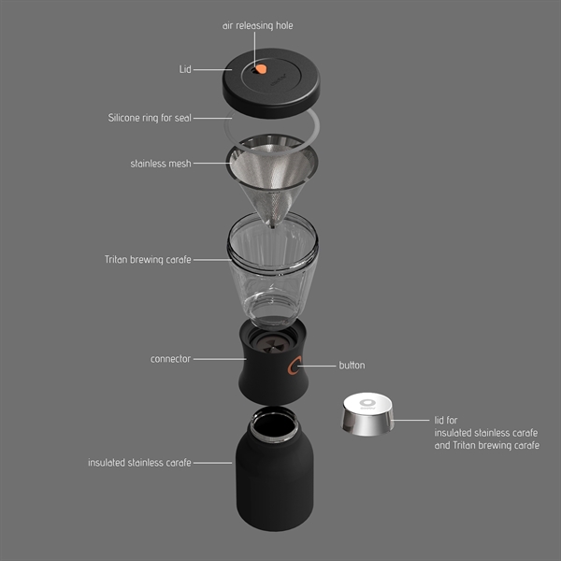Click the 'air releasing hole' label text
click(257, 25)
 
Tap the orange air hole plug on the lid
click(261, 69)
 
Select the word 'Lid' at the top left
click(185, 69)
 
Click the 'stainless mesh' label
click(161, 164)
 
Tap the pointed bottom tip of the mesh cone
click(272, 222)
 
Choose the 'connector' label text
click(170, 358)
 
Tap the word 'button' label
click(352, 366)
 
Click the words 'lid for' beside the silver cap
click(447, 421)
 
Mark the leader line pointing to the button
click(321, 366)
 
